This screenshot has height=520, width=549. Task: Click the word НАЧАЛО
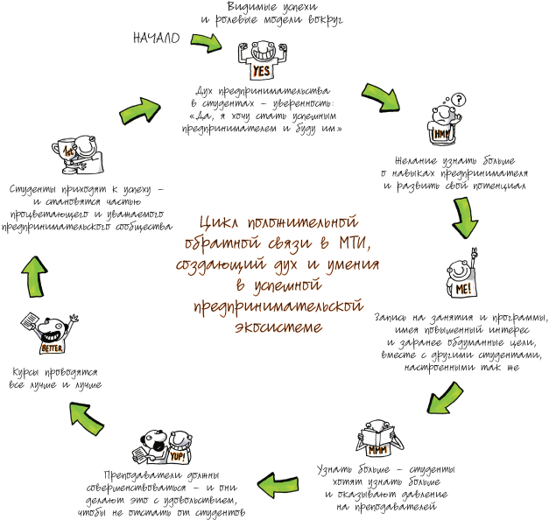click(x=157, y=38)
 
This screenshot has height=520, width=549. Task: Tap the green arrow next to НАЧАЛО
click(x=207, y=43)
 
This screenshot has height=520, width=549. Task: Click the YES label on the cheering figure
click(x=261, y=72)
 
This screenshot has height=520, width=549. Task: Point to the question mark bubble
click(x=458, y=100)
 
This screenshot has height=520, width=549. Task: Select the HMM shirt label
click(x=441, y=134)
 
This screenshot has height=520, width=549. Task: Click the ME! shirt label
click(x=463, y=289)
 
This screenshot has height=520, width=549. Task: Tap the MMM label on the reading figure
click(x=377, y=450)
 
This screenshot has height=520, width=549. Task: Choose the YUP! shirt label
click(x=178, y=457)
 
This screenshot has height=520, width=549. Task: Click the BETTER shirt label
click(x=53, y=348)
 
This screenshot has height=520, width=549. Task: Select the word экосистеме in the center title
click(x=278, y=327)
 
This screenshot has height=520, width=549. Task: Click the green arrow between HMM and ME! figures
click(x=465, y=217)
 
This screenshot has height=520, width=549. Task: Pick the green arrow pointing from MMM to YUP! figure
click(x=278, y=485)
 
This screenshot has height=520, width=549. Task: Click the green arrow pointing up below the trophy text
click(x=34, y=277)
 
